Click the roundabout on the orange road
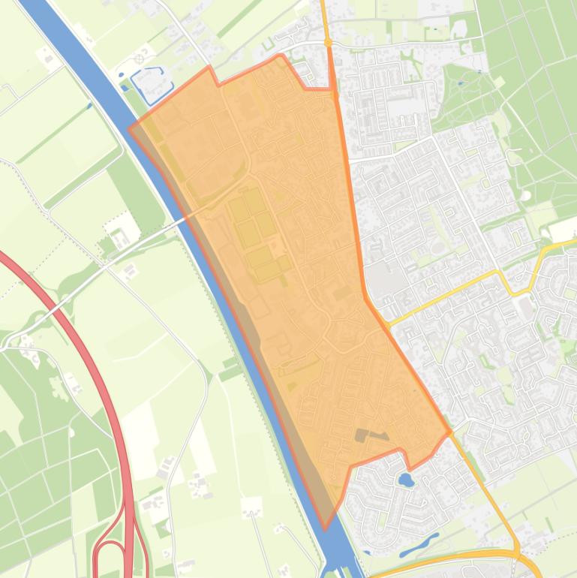pos(328,43)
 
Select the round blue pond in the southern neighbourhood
pos(406,479)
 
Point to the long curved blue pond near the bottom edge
pos(420,546)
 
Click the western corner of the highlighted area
pos(130,128)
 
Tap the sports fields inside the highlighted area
pos(255,225)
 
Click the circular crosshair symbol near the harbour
pos(140,59)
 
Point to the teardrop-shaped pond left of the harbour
pos(122,74)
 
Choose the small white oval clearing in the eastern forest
pos(526,195)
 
